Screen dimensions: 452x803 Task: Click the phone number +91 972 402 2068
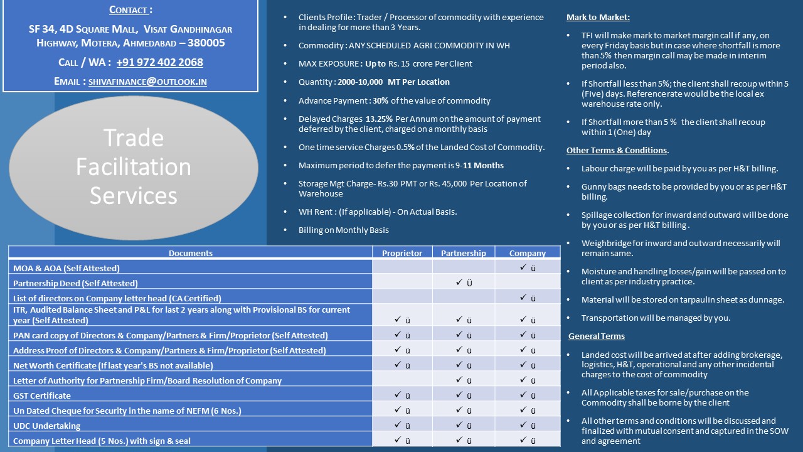click(x=159, y=62)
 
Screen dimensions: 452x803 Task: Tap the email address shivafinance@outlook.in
click(x=147, y=82)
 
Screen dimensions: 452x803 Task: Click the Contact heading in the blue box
click(x=130, y=10)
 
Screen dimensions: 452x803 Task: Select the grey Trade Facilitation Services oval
click(x=133, y=166)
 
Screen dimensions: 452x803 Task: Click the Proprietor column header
click(x=402, y=253)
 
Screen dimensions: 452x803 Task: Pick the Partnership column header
click(x=464, y=253)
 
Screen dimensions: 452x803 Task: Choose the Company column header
click(x=528, y=253)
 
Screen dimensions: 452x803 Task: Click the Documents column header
click(x=191, y=253)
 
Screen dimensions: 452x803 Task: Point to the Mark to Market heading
click(x=598, y=17)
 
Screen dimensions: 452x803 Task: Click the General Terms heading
click(x=596, y=336)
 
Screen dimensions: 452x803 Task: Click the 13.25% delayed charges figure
click(x=379, y=119)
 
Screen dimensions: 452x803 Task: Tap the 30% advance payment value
click(x=380, y=100)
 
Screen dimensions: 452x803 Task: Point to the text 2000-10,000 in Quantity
click(x=361, y=82)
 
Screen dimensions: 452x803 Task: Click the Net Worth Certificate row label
click(x=113, y=365)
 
